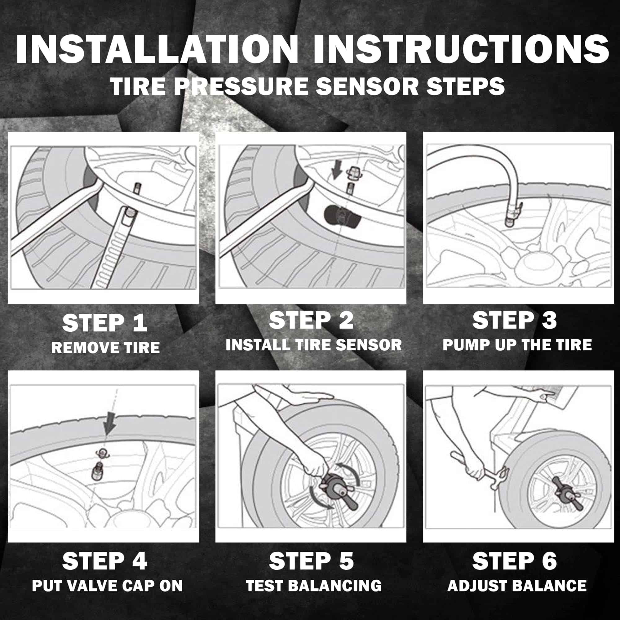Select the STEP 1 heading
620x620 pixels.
104,323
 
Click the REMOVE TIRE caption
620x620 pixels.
105,348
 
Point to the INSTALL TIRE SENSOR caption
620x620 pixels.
313,345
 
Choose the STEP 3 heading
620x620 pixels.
514,320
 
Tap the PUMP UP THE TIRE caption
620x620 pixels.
517,345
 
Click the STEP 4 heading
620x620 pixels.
104,561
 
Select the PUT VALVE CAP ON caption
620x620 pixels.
107,586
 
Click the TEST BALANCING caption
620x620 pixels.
313,586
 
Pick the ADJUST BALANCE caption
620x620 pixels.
517,586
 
